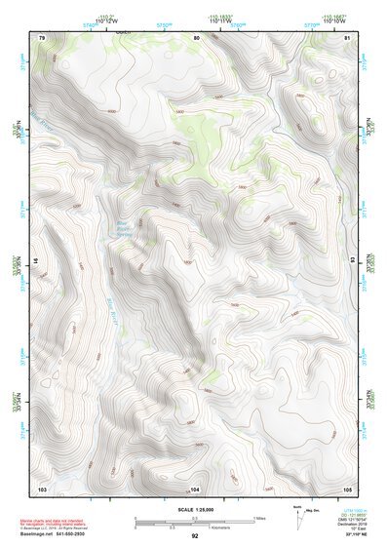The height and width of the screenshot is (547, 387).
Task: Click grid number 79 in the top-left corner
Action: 42,37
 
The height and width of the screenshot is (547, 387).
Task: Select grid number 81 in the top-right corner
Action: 347,37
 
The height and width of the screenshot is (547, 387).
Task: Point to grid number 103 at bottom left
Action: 42,488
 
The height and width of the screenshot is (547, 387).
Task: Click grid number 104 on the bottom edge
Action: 195,488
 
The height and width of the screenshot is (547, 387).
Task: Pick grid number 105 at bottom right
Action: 347,488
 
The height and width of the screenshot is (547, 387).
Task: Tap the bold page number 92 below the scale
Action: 195,536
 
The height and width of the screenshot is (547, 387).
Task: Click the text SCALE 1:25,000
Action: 194,509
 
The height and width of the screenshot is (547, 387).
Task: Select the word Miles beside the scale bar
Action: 259,517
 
